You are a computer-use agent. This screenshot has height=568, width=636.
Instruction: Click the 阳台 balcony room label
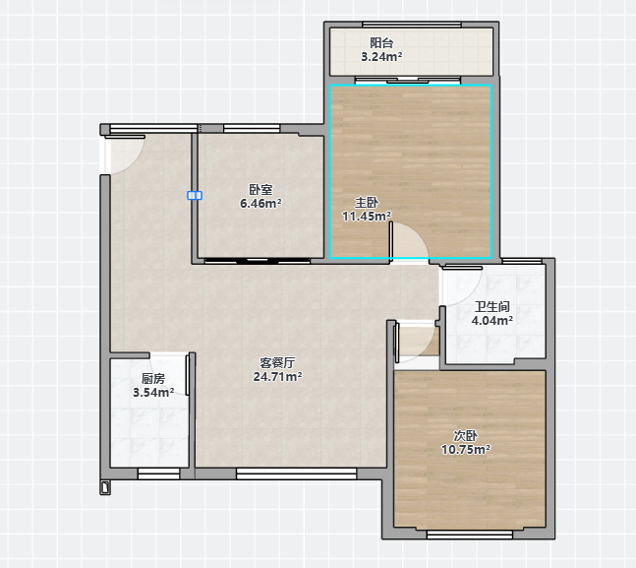(x=381, y=42)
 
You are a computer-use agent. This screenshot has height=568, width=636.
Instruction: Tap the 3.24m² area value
(x=381, y=56)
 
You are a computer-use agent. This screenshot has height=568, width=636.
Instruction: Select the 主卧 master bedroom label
(x=367, y=202)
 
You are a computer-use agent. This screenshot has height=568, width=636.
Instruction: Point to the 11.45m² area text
(x=367, y=217)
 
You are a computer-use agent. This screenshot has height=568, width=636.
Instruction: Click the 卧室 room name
(x=260, y=189)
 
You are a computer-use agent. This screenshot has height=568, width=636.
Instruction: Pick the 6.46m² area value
(x=260, y=203)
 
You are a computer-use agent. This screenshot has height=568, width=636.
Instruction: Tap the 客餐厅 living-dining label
(x=277, y=362)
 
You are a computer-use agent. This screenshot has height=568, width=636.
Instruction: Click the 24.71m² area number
(x=277, y=377)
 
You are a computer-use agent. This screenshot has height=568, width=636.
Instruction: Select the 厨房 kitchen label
(x=153, y=378)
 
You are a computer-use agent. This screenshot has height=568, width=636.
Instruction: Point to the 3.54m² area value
(x=153, y=393)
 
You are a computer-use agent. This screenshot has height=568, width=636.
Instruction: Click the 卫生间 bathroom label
(x=492, y=306)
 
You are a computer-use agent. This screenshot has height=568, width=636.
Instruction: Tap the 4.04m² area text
(x=492, y=321)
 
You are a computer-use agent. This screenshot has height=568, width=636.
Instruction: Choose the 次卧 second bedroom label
(x=466, y=435)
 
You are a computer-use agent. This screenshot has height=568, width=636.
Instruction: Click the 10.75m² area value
(x=466, y=449)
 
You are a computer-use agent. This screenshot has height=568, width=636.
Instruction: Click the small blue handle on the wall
(x=195, y=196)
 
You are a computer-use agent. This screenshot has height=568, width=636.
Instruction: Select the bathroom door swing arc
(x=471, y=291)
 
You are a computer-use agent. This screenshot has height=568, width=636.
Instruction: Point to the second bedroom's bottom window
(x=470, y=536)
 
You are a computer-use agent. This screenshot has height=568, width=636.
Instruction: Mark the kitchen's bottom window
(x=158, y=473)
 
